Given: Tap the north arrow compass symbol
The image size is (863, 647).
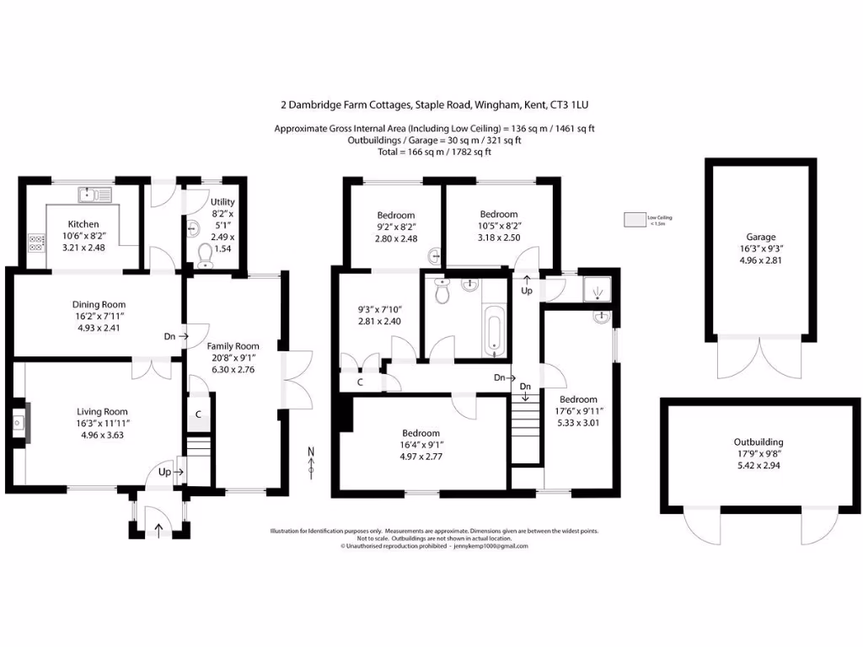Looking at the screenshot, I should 311,463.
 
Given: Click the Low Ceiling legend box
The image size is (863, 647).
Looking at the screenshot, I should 633,220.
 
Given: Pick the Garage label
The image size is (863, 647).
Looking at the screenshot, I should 760,238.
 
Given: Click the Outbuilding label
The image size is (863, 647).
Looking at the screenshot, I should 758,441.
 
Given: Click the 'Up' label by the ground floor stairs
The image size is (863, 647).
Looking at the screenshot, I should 164,473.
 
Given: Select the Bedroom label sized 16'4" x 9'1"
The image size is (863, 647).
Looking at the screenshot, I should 421,433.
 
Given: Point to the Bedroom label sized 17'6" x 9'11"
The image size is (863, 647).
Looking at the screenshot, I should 578,399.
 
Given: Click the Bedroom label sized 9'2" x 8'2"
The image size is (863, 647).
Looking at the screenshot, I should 395,216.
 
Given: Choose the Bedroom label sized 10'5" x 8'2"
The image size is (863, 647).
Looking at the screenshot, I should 498,214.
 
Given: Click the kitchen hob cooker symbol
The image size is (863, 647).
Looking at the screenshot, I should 37,243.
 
